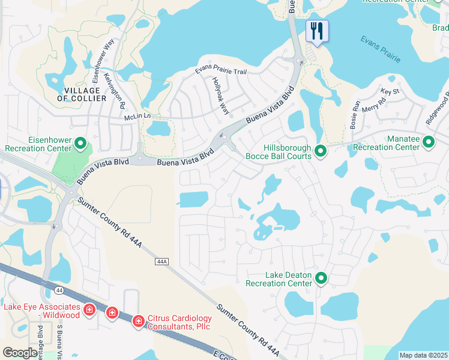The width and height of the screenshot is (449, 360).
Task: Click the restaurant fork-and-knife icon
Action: click(x=317, y=30)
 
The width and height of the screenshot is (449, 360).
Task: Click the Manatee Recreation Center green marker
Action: click(x=429, y=142)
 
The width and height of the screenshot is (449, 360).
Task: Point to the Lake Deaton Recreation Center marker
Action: click(x=321, y=278)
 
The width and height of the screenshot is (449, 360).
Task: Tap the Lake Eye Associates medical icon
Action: click(x=89, y=310)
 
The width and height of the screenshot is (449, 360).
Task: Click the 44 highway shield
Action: click(x=59, y=290)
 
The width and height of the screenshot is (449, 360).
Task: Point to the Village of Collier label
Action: click(x=82, y=94)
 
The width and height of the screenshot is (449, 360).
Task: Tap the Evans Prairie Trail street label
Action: click(x=221, y=71)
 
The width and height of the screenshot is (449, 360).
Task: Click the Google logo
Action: click(x=20, y=353)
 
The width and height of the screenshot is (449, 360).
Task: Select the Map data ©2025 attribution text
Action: click(x=423, y=355)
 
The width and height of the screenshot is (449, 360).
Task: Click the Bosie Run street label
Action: click(x=354, y=114)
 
